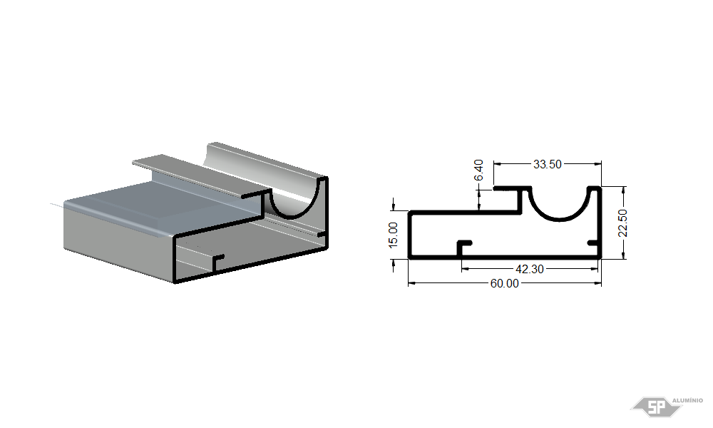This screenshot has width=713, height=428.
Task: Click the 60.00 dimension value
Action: click(504, 283)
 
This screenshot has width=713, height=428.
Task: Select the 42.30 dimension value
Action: click(530, 269)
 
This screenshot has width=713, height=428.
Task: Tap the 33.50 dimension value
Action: click(548, 164)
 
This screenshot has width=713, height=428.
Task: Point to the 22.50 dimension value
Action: click(623, 223)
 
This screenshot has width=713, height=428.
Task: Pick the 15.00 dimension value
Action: click(394, 235)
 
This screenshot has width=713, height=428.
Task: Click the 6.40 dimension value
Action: click(479, 170)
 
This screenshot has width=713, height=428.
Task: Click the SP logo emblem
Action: click(656, 407)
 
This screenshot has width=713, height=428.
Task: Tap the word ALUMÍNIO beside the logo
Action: click(687, 400)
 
